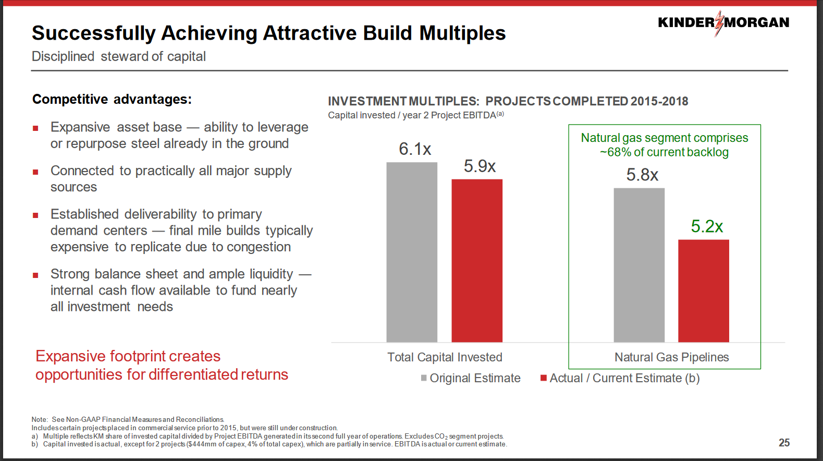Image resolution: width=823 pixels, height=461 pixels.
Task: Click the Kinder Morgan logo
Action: (x=723, y=23)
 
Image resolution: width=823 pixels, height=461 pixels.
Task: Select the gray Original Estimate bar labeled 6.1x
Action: (x=412, y=252)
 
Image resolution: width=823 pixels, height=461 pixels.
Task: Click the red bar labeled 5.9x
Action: (x=477, y=261)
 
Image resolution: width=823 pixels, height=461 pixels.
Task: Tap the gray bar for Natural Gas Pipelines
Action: (x=639, y=265)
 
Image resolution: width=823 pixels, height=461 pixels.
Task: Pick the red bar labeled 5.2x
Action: (x=704, y=291)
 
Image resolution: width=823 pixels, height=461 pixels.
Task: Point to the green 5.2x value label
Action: (x=707, y=226)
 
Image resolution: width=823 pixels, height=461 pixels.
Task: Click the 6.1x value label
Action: (x=415, y=149)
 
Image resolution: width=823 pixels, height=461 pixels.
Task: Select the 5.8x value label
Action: (x=642, y=175)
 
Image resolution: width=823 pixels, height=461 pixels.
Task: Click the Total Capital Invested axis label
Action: (x=445, y=357)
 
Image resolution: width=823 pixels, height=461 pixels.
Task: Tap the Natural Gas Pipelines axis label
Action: (x=672, y=357)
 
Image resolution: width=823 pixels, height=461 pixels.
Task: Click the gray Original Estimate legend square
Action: (x=424, y=378)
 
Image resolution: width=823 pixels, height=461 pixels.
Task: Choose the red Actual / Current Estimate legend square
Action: (x=544, y=378)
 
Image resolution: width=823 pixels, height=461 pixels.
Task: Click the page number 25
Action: (x=784, y=443)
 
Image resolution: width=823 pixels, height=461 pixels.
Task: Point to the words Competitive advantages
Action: (x=112, y=99)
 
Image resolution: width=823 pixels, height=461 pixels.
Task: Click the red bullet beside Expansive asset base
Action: (x=35, y=128)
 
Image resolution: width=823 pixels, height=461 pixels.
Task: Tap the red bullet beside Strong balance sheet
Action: (x=35, y=275)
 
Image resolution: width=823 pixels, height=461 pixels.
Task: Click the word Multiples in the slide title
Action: (x=462, y=33)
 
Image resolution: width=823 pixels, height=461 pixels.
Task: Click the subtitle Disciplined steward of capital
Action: (x=119, y=57)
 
